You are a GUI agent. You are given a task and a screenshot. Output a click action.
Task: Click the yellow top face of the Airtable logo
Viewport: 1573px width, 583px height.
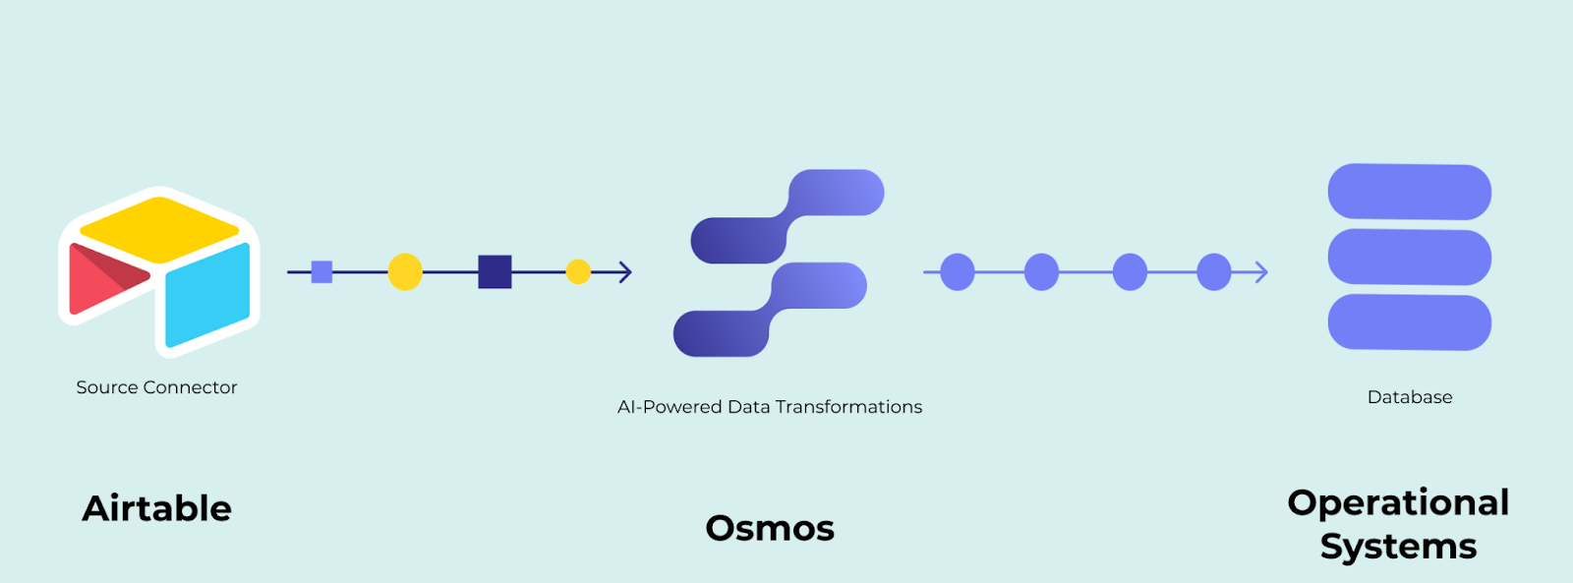point(159,229)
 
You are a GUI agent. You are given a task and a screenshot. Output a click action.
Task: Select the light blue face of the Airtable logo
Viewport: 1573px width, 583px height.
point(208,295)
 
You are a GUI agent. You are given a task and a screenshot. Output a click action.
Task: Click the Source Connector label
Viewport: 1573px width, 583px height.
point(156,387)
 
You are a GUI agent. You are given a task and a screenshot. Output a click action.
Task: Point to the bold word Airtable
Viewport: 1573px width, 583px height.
point(156,508)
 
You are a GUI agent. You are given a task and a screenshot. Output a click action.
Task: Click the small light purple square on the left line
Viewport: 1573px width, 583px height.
point(321,271)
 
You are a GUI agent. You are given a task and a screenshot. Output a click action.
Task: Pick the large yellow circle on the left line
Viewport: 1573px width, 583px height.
point(405,271)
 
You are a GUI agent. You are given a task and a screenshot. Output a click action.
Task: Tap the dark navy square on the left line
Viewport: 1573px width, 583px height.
point(495,271)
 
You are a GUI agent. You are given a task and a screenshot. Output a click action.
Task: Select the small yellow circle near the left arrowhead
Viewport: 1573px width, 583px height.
point(578,271)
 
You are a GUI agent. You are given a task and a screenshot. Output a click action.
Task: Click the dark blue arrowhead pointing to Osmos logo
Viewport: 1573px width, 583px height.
point(625,271)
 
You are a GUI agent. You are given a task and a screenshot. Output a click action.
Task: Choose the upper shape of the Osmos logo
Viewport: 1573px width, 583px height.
point(787,216)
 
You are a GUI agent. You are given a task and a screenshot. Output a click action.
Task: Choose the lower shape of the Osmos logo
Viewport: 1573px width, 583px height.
point(771,310)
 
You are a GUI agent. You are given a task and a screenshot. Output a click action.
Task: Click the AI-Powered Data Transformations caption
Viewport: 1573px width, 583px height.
point(770,407)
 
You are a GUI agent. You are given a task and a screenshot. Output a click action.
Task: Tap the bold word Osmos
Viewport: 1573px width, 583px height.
point(771,528)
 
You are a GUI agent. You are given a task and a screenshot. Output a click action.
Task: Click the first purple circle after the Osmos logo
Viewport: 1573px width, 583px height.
point(958,271)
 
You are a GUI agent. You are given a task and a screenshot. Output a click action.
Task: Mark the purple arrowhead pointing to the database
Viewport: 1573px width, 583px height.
point(1261,271)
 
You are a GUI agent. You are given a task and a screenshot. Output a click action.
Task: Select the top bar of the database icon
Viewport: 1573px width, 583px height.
point(1410,192)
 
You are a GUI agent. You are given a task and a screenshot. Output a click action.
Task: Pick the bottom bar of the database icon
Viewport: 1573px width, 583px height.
point(1410,322)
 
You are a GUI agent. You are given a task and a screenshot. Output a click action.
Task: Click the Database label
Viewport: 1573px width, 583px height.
point(1410,397)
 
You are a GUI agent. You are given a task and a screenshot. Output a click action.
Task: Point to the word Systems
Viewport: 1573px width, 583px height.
point(1398,547)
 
